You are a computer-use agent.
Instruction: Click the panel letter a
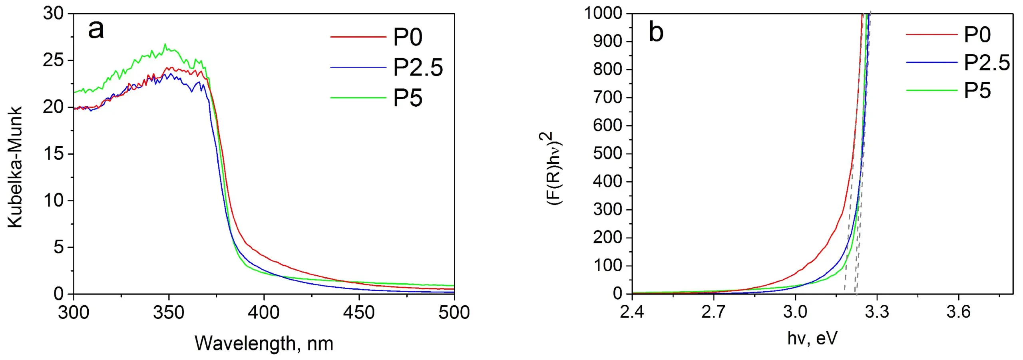96,30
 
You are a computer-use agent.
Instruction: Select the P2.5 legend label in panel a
418,67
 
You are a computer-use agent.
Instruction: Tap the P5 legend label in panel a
408,97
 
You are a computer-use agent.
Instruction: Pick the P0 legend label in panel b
977,35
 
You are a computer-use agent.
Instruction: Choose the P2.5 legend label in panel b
987,63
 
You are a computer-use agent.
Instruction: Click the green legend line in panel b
931,91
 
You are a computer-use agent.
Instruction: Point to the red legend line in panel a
358,37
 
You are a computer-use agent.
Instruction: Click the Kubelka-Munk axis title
15,167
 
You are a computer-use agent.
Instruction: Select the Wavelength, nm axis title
264,343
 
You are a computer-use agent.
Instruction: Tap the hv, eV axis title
812,338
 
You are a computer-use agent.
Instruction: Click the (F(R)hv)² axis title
554,168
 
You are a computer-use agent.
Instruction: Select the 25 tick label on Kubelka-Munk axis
53,60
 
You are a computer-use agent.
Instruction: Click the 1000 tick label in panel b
603,14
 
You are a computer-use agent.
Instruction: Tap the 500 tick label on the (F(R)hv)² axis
607,153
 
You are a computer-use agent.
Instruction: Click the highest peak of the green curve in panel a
165,44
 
